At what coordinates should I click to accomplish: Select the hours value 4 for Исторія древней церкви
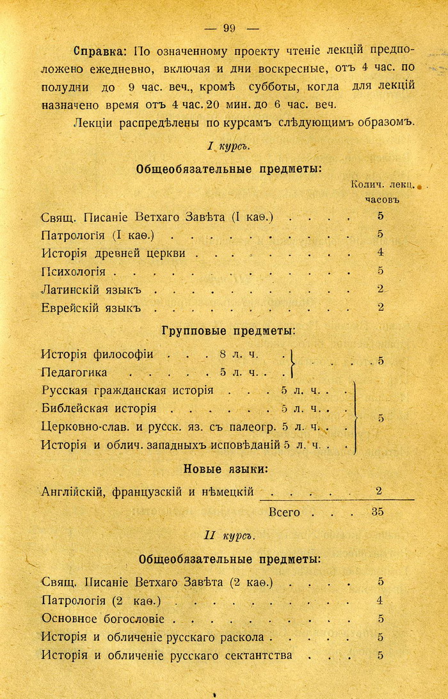pyautogui.click(x=380, y=253)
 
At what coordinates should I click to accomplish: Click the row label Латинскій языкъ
pyautogui.click(x=90, y=289)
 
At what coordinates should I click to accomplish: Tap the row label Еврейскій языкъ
pyautogui.click(x=90, y=308)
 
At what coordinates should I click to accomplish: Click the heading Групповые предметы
pyautogui.click(x=228, y=331)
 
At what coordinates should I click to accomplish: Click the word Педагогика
pyautogui.click(x=74, y=372)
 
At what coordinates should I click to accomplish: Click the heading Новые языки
pyautogui.click(x=225, y=469)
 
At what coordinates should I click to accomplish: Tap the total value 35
pyautogui.click(x=378, y=512)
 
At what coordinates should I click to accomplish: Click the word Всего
pyautogui.click(x=284, y=512)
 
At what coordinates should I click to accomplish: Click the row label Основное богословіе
pyautogui.click(x=102, y=619)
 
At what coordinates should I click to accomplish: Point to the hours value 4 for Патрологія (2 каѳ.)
pyautogui.click(x=380, y=601)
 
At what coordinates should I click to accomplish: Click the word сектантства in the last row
pyautogui.click(x=259, y=656)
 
